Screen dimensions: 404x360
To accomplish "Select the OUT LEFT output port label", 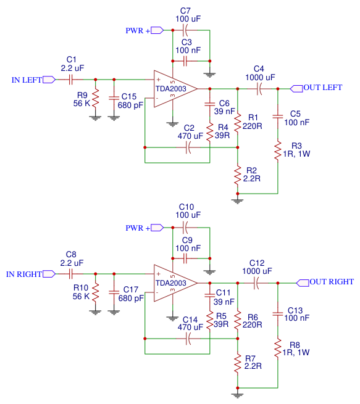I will pos(322,88).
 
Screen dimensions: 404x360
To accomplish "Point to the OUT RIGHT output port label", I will pos(332,282).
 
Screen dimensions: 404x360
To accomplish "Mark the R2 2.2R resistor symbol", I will pos(238,175).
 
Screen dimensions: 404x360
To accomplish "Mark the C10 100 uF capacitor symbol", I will pos(186,227).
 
